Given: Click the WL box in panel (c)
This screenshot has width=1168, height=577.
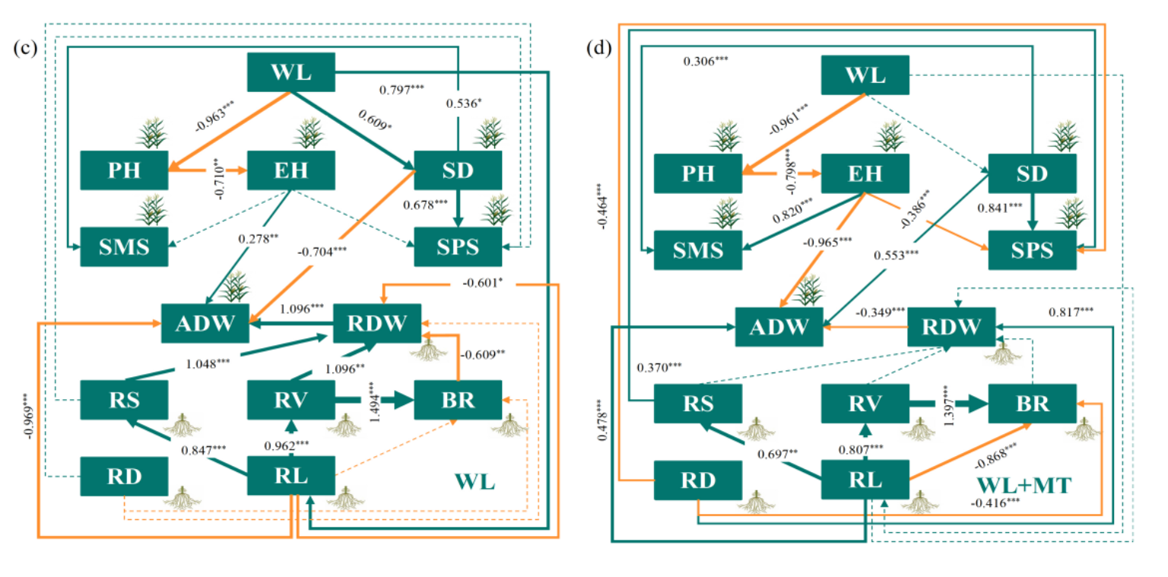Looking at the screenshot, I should pos(292,74).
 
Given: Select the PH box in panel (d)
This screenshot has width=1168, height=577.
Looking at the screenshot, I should pos(698,173).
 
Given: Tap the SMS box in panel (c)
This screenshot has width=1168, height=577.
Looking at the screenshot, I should pos(125,246).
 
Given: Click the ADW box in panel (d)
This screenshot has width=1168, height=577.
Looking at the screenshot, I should pos(778,327).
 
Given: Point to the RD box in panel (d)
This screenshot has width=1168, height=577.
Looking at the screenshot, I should pos(698,480).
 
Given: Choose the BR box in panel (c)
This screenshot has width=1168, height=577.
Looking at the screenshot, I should pos(458,399).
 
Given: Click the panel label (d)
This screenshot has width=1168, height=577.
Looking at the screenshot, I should pos(601,49).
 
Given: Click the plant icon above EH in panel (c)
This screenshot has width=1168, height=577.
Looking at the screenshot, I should pos(309,133).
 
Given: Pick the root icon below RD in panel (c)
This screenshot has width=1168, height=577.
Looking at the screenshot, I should pos(182,498).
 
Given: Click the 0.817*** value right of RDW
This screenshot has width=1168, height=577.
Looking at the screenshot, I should pos(1072,312).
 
